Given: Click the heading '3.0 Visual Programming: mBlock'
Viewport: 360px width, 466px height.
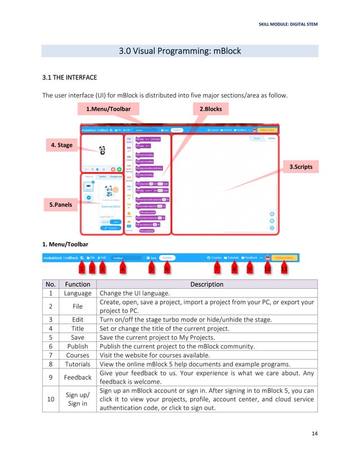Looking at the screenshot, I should click(179, 51).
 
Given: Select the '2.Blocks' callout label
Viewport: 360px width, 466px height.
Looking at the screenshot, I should click(210, 108).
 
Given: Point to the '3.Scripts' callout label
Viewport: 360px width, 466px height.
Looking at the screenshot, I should click(300, 167).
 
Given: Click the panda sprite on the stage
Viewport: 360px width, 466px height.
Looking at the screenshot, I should click(102, 150).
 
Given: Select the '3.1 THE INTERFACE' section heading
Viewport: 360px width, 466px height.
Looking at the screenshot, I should click(70, 77).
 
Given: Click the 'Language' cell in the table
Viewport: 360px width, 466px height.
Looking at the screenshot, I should click(77, 293).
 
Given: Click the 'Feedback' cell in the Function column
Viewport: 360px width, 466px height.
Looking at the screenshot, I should click(77, 377).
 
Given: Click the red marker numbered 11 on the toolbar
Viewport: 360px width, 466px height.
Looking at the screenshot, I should click(284, 269).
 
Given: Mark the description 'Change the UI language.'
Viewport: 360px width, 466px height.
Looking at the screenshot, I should click(130, 293).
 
